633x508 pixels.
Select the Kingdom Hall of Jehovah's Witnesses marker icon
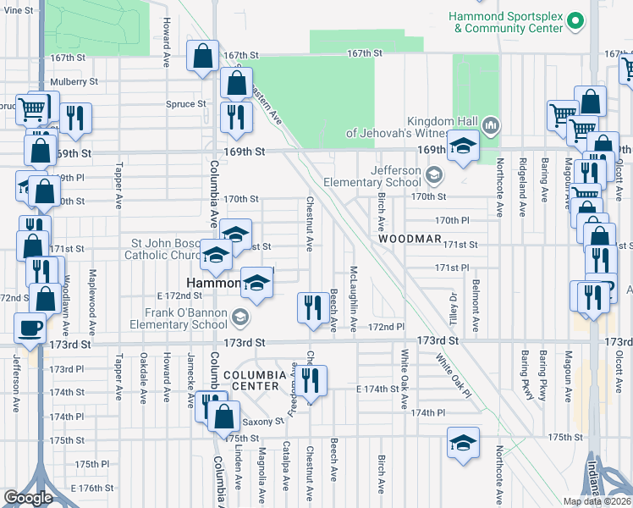pos(490,125)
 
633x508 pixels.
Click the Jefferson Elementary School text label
pos(372,176)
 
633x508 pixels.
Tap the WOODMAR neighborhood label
pos(410,240)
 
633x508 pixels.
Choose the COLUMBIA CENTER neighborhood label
pos(250,379)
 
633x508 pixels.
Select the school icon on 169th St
pos(463,147)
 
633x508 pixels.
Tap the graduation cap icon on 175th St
pos(462,444)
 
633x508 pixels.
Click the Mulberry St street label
pos(74,82)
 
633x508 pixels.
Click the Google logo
pos(28,498)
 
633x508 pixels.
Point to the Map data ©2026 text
pos(597,501)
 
